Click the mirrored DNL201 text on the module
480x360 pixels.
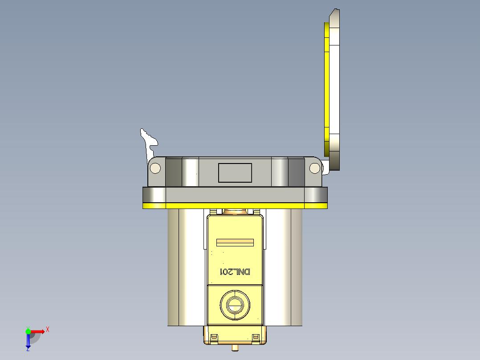236,272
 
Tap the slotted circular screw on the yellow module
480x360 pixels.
235,305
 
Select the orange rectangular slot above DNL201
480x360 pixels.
235,242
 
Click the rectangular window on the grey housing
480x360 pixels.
235,173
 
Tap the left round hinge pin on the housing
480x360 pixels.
155,168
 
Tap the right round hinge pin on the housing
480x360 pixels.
314,168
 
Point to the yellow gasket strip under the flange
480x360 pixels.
235,205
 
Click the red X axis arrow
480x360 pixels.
37,331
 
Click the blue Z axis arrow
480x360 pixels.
28,340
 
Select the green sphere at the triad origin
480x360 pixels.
28,331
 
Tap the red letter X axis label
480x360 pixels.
48,329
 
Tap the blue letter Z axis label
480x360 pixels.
28,349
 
